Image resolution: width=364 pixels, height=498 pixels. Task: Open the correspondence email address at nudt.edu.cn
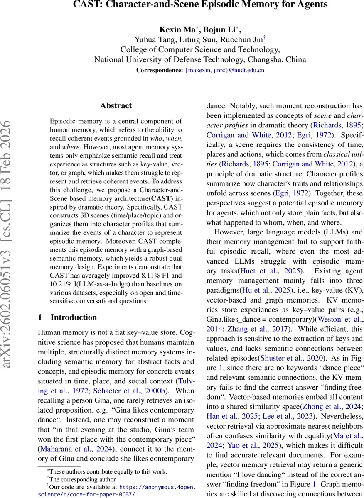pos(225,70)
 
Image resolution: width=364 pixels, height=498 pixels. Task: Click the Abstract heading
pos(116,106)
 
